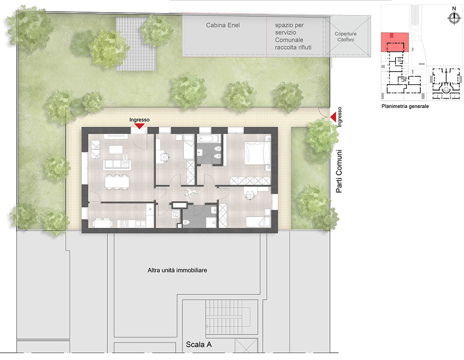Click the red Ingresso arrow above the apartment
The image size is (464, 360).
(140, 126)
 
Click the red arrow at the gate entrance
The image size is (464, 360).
(333, 117)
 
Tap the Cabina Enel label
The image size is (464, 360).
(223, 25)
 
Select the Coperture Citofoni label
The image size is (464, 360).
(346, 37)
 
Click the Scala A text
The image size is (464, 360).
(198, 344)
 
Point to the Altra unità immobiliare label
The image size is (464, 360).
(177, 270)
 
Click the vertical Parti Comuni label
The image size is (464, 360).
(339, 171)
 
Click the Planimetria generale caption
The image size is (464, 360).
(405, 106)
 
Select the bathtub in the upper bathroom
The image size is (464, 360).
(209, 138)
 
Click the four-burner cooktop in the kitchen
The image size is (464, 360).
(124, 224)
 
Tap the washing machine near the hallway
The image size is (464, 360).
(175, 214)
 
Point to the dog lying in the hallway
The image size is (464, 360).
(189, 192)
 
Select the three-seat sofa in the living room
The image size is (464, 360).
(117, 165)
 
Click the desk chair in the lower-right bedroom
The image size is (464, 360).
(250, 196)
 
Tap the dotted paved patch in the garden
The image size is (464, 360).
(136, 43)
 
